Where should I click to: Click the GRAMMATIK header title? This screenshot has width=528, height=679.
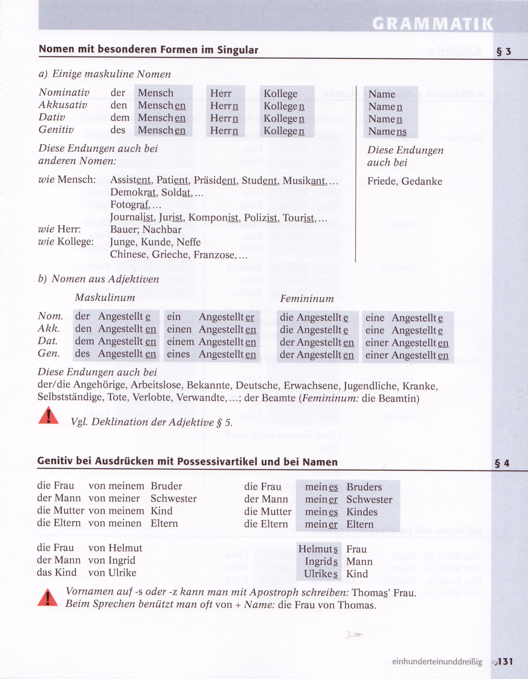(432, 24)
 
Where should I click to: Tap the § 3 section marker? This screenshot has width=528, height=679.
(503, 51)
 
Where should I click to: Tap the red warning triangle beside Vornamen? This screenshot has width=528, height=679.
(48, 597)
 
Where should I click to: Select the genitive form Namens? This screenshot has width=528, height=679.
(387, 132)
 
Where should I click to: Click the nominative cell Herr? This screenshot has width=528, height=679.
(221, 93)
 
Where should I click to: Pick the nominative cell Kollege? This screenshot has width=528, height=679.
(281, 94)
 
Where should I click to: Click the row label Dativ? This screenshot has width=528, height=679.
(52, 117)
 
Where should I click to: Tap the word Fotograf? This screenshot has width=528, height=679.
(130, 205)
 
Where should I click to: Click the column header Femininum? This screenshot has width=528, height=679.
(307, 299)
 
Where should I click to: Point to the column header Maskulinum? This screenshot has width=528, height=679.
(105, 298)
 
